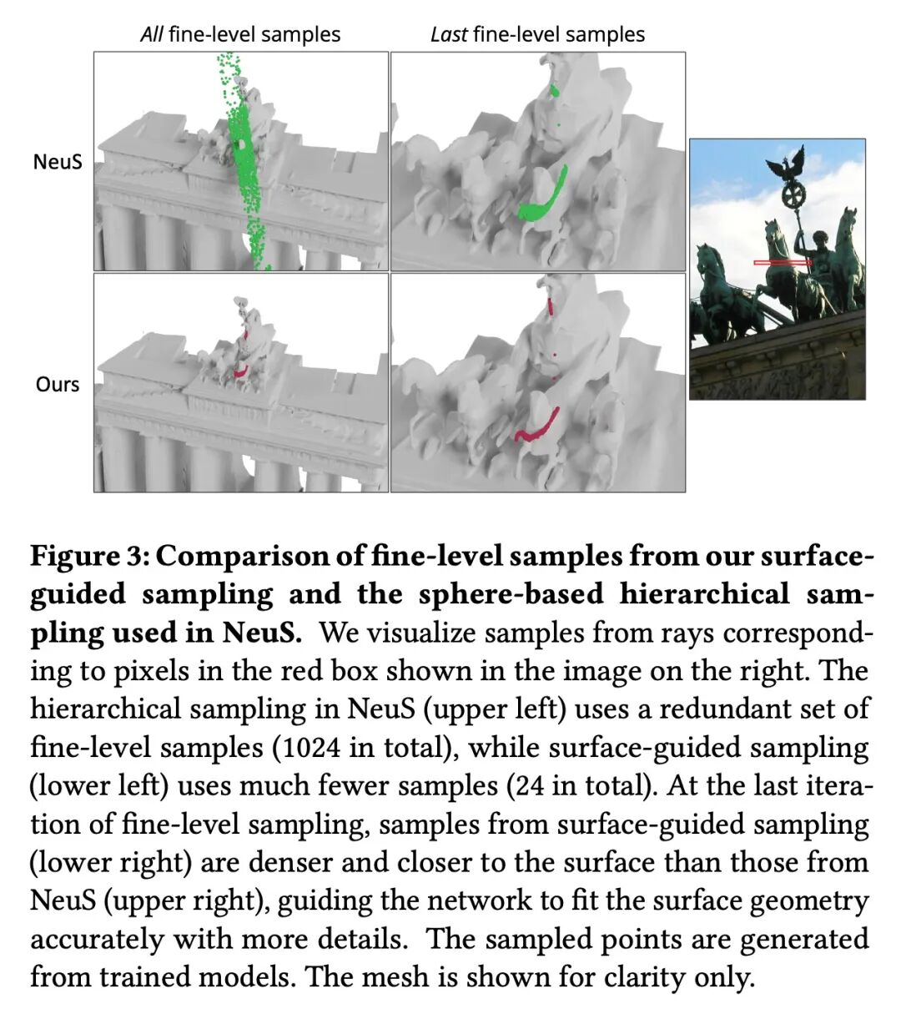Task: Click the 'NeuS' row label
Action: (x=58, y=161)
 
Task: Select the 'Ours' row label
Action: (x=58, y=385)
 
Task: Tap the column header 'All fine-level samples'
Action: (x=240, y=34)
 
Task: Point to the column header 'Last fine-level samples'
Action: (x=537, y=34)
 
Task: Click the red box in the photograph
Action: (x=783, y=263)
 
